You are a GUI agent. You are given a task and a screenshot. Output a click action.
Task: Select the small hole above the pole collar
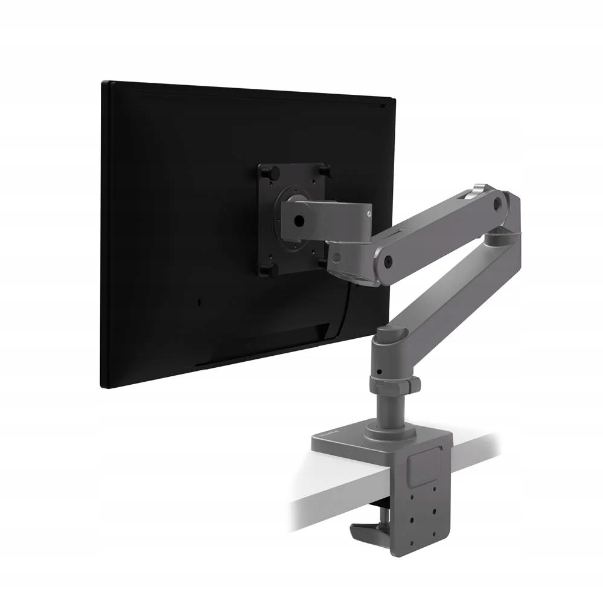click(x=378, y=370)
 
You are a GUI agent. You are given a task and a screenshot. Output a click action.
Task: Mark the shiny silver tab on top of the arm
click(x=480, y=190)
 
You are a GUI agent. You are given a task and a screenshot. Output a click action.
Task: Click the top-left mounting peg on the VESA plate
click(x=266, y=172)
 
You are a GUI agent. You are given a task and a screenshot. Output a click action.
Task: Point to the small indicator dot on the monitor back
click(x=200, y=300)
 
